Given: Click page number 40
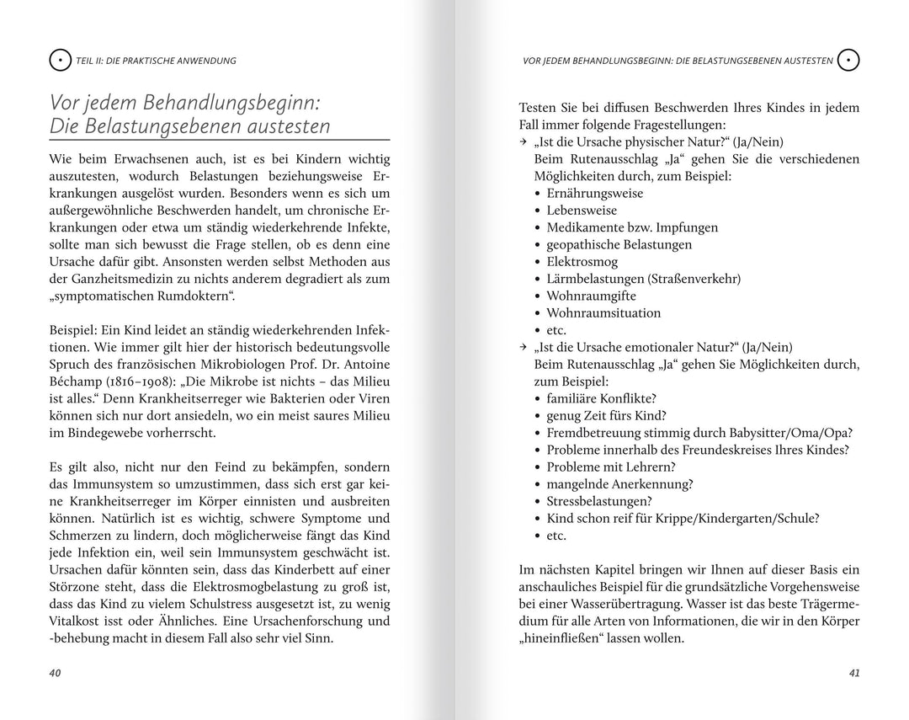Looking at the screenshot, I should point(56,673).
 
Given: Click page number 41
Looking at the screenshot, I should point(854,673).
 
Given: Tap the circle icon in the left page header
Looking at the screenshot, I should point(60,61).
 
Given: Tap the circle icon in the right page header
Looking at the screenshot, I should point(849,61).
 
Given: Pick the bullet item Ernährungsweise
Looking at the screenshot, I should point(594,193).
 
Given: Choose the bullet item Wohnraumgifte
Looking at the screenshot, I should point(591,296).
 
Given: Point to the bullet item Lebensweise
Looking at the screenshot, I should point(582,211).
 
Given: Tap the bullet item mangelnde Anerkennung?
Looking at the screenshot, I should point(619,484).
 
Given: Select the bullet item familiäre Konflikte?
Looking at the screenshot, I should point(601,398).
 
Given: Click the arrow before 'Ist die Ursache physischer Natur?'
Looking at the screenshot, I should point(524,142).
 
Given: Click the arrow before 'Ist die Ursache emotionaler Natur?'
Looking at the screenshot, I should point(524,347).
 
